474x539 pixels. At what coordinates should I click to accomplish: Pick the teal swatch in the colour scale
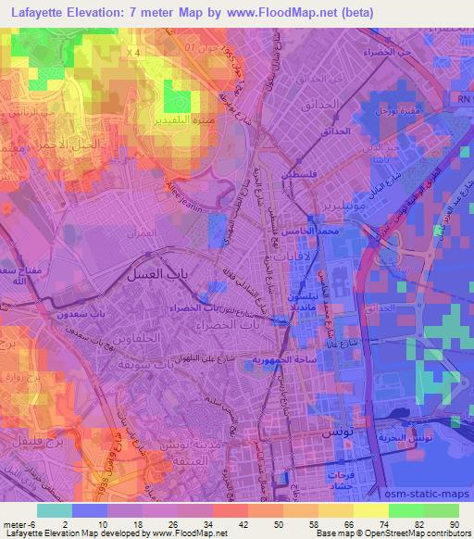pos(55,509)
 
